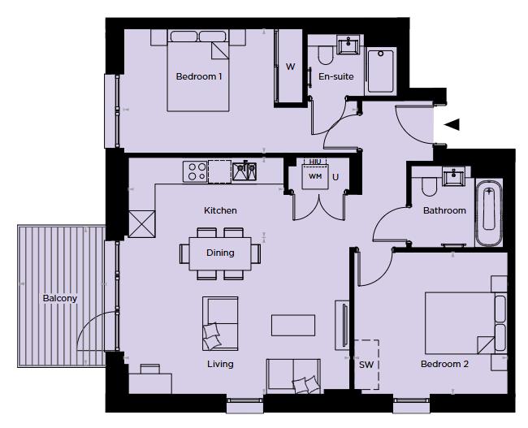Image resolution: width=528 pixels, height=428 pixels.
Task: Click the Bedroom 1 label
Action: coord(199,77)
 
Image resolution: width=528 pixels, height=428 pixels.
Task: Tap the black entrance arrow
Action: coord(452,124)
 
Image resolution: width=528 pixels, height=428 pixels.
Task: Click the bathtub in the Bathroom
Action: coord(489,214)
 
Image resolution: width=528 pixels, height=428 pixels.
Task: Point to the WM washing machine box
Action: coord(315,176)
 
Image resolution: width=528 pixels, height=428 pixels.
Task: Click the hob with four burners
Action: coord(196,171)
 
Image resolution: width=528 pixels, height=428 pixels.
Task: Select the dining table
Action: coord(220,253)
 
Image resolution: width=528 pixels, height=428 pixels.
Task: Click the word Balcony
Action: coord(60,298)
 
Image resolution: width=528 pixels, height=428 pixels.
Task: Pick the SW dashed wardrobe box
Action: coord(366,364)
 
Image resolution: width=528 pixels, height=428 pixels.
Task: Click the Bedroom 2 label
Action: coord(444,365)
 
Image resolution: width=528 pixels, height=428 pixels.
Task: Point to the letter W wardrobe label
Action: coord(290,67)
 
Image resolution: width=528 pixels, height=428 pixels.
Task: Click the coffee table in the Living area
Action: coord(294,325)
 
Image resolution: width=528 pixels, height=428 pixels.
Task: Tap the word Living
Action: coord(220,365)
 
